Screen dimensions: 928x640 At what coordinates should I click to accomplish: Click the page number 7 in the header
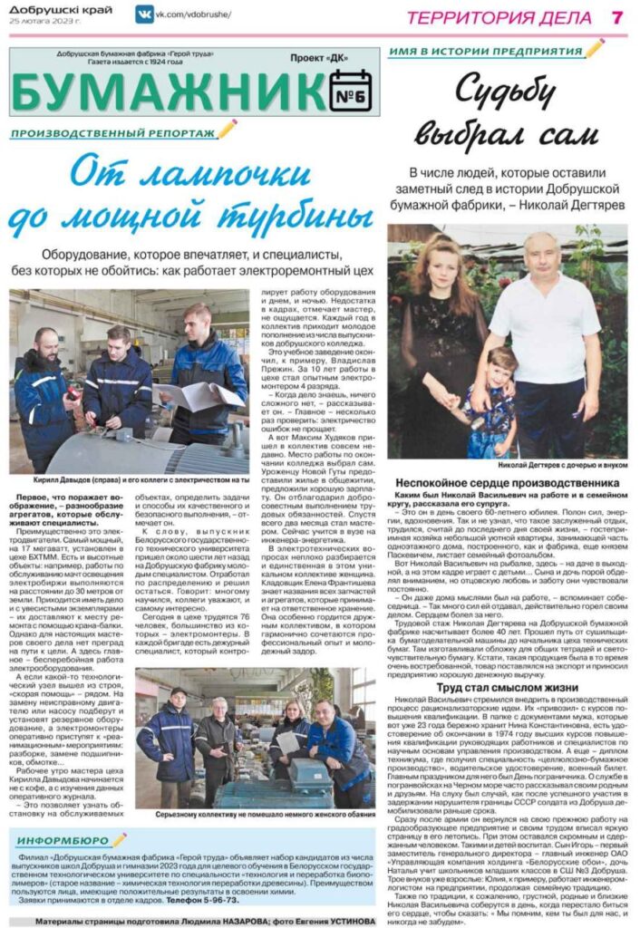[616, 17]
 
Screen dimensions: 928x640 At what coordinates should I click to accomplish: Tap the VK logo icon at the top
[143, 14]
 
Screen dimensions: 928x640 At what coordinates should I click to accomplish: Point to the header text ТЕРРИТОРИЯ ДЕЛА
[499, 17]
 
